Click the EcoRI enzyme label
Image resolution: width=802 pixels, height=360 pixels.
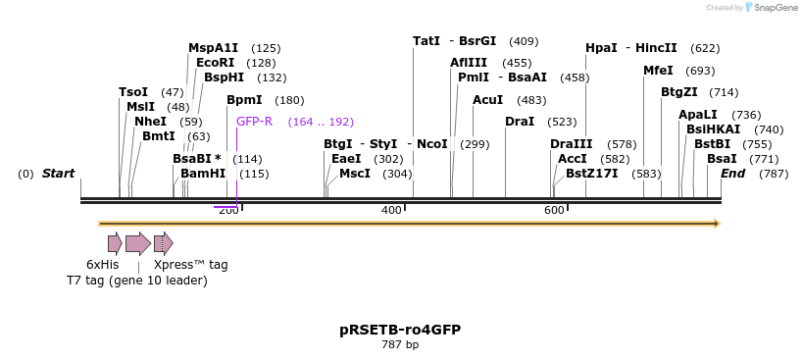(x=215, y=63)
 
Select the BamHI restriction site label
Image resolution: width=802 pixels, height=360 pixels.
(x=203, y=174)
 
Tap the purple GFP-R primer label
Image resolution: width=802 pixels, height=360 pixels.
(x=254, y=122)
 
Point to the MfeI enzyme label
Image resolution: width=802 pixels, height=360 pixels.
(x=658, y=71)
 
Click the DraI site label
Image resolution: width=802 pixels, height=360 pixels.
(x=520, y=122)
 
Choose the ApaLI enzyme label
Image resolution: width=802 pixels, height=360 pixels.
(x=698, y=115)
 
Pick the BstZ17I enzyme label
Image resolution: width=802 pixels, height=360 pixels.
(x=592, y=174)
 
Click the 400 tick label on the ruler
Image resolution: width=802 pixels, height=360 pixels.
(x=391, y=211)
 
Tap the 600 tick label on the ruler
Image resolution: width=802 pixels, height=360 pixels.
(x=554, y=211)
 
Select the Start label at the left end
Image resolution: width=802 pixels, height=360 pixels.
(x=58, y=174)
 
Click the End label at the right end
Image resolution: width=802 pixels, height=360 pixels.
(x=733, y=174)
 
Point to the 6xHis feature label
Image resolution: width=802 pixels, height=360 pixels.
(x=102, y=265)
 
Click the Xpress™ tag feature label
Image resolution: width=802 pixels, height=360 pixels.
(x=190, y=265)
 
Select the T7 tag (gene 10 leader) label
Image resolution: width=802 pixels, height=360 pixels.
(x=137, y=282)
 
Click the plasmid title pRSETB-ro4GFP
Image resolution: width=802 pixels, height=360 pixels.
(x=400, y=330)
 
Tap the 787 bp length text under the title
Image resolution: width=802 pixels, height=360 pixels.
(x=400, y=345)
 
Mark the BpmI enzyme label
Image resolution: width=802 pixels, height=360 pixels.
(x=244, y=100)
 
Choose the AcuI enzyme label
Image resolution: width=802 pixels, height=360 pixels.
(x=487, y=100)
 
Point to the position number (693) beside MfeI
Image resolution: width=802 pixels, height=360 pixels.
(x=700, y=71)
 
